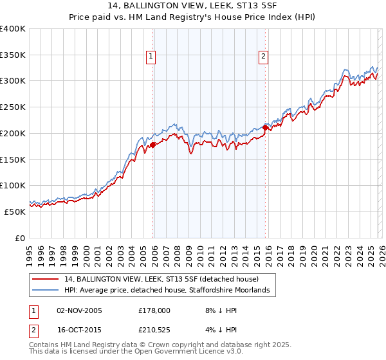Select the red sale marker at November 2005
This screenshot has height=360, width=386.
[x=153, y=145]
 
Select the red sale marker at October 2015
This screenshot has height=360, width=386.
[x=266, y=128]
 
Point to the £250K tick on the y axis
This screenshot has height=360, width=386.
[x=13, y=107]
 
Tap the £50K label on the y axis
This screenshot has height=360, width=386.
[x=15, y=212]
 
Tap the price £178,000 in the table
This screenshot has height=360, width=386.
[x=154, y=310]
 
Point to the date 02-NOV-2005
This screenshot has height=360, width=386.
[x=79, y=310]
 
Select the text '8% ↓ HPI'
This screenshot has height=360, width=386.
[x=217, y=310]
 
